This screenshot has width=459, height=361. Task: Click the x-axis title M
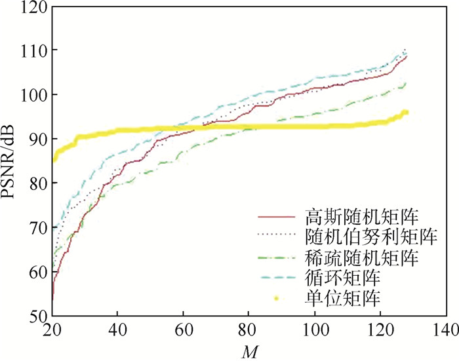(x=249, y=352)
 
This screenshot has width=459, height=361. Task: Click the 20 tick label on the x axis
(x=52, y=330)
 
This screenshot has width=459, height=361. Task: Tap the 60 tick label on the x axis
(x=183, y=330)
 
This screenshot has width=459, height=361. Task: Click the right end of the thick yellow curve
(x=407, y=113)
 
